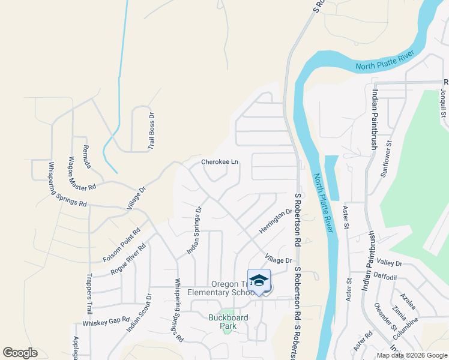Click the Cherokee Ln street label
tap(220, 162)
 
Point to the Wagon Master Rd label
tap(82, 173)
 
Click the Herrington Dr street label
tap(276, 221)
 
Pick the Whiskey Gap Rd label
tap(106, 322)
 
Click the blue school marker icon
tap(259, 281)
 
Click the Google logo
tap(20, 353)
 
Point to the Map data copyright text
tap(412, 355)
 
